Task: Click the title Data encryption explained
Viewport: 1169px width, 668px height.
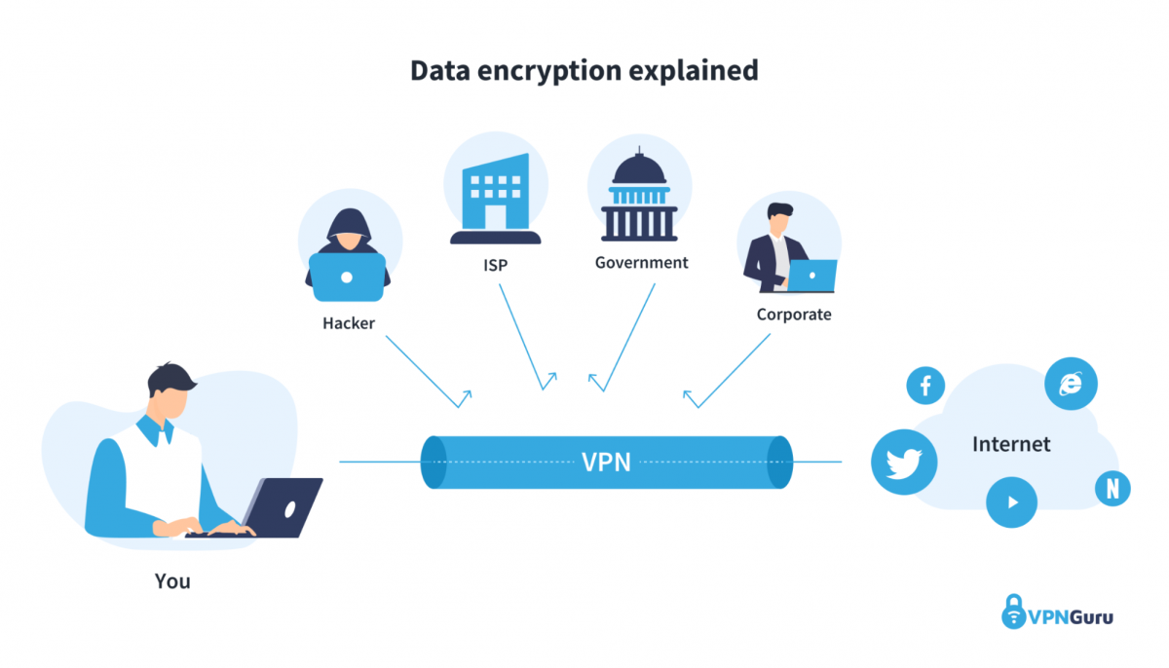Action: click(x=584, y=71)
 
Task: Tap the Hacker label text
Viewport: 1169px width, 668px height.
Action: click(x=349, y=322)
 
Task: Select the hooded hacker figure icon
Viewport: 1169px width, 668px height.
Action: click(x=348, y=251)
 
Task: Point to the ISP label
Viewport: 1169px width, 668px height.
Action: click(x=495, y=264)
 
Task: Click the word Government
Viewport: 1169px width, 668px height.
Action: click(x=641, y=263)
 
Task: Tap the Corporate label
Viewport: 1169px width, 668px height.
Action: click(x=794, y=315)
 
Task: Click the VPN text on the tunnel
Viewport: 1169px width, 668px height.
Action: click(x=606, y=462)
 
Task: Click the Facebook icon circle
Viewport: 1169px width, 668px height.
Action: click(x=925, y=386)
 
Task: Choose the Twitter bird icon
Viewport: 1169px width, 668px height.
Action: click(x=903, y=462)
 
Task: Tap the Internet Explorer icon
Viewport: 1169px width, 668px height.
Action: click(x=1071, y=383)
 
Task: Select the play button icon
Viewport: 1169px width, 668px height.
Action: click(x=1011, y=502)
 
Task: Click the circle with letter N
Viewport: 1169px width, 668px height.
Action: click(x=1112, y=489)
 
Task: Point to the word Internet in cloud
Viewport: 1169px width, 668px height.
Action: click(x=1011, y=445)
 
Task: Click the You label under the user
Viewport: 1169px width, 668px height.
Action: click(x=172, y=582)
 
